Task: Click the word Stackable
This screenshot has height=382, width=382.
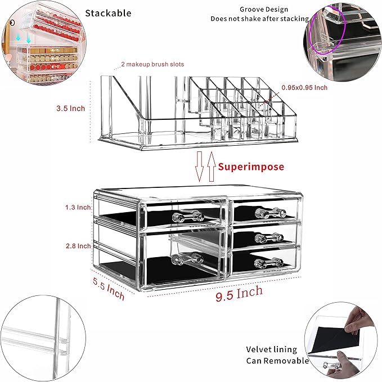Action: click(108, 12)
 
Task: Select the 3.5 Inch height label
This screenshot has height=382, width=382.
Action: click(71, 108)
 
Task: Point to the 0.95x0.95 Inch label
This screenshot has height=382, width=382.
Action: click(304, 88)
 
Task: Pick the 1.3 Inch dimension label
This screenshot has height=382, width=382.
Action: click(77, 208)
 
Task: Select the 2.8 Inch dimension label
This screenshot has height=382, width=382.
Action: click(77, 246)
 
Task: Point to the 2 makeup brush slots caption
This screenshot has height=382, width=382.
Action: click(152, 65)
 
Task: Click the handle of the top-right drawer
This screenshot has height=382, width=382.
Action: click(267, 213)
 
